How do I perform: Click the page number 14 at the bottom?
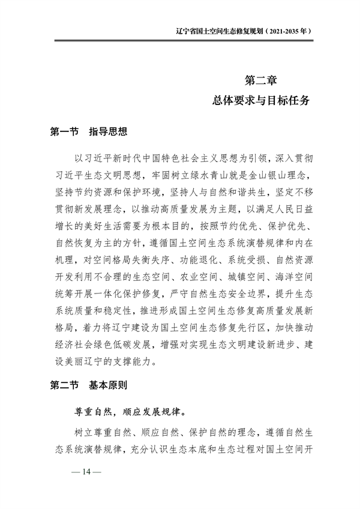86,472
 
